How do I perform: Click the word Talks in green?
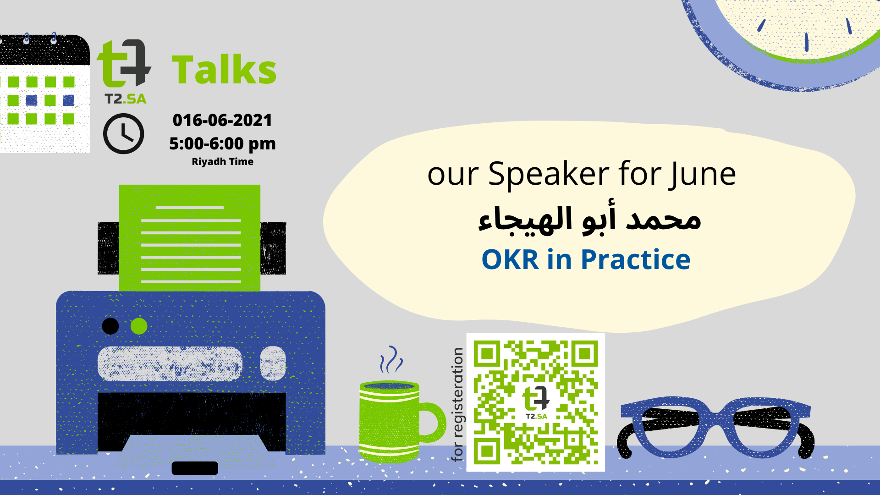[x=224, y=70]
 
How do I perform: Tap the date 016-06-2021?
[x=222, y=120]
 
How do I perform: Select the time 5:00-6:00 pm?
[x=222, y=143]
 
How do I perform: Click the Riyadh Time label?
[x=222, y=161]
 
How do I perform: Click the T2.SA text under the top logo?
[x=126, y=99]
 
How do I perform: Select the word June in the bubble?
[x=702, y=175]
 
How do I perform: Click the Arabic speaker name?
[x=589, y=219]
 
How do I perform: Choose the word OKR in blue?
[x=510, y=259]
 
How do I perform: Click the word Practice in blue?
[x=636, y=259]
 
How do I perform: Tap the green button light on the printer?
[x=139, y=326]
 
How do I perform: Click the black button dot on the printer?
[x=110, y=326]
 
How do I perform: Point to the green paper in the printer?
[x=189, y=238]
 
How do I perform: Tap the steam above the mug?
[x=390, y=359]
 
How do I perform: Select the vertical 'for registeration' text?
[x=457, y=404]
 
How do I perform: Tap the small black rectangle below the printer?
[x=195, y=468]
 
